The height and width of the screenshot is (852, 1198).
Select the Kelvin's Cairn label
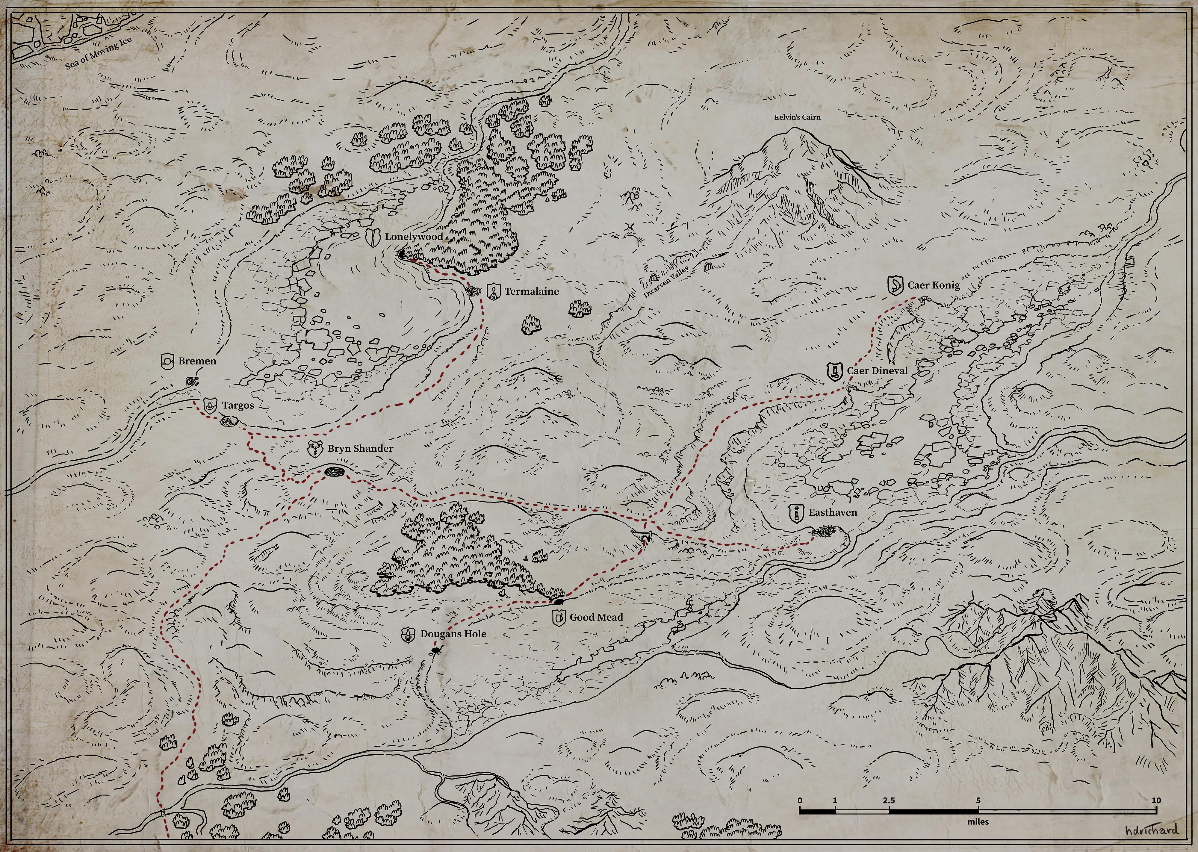click(x=797, y=117)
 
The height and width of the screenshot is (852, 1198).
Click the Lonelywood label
click(x=414, y=237)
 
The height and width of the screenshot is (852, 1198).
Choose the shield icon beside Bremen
click(x=168, y=361)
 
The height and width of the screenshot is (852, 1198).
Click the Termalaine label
click(x=531, y=291)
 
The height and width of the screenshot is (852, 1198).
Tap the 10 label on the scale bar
click(x=1156, y=800)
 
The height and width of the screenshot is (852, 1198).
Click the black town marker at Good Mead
click(x=558, y=601)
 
